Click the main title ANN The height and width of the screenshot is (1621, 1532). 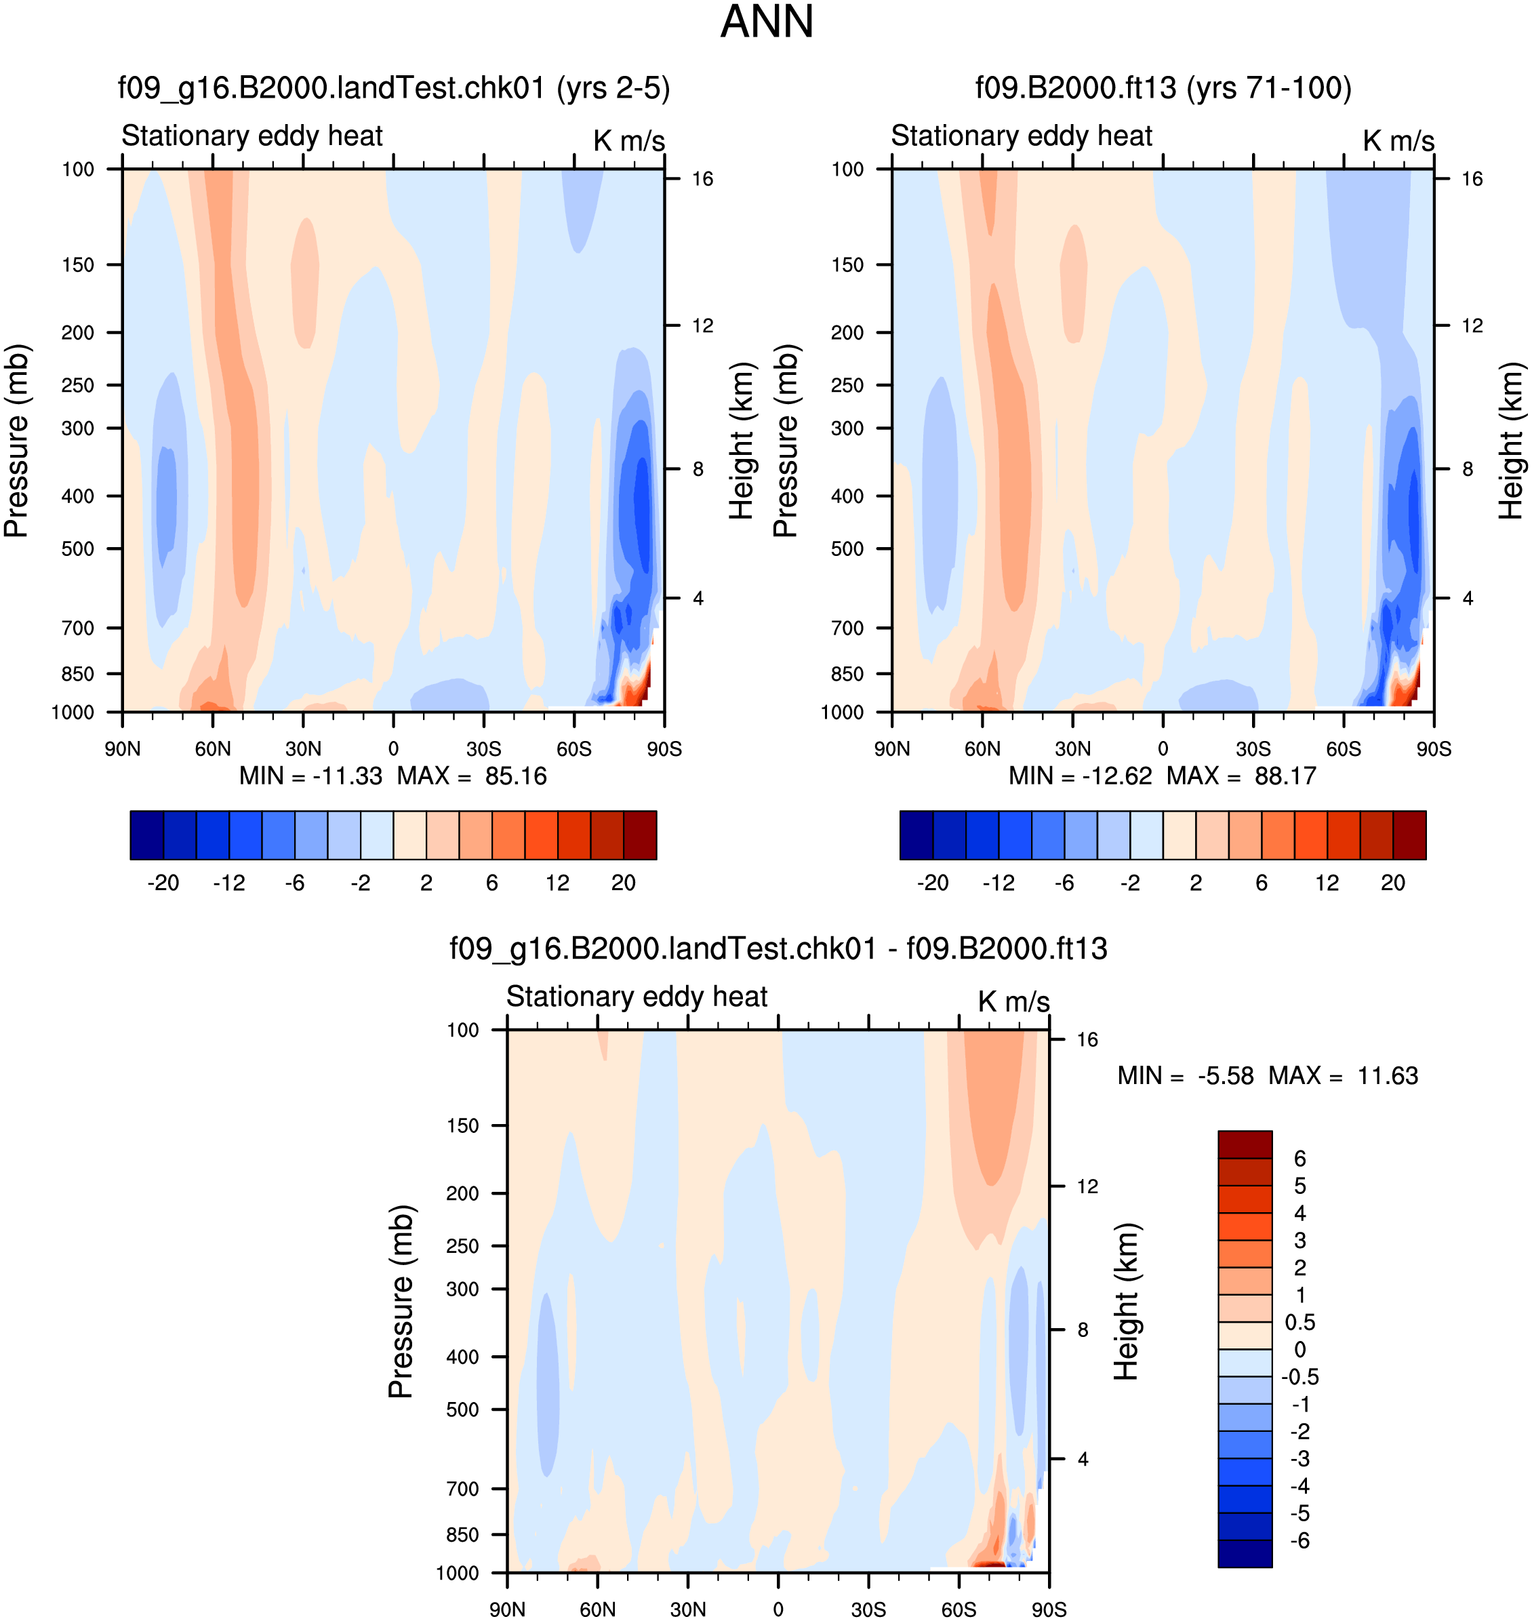tap(767, 22)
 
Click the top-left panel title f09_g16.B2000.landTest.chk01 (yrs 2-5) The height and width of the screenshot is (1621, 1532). tap(394, 87)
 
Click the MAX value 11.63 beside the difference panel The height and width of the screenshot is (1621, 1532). tap(1388, 1077)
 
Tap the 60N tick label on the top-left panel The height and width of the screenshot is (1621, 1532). tap(212, 749)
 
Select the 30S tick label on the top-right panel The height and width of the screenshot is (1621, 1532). tap(1253, 749)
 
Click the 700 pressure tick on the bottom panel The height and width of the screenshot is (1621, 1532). tap(462, 1489)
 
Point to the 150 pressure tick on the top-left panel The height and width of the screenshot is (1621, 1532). tap(79, 264)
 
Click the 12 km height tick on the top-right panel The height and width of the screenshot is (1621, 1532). tap(1472, 326)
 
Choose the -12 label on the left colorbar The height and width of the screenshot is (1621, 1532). tap(228, 883)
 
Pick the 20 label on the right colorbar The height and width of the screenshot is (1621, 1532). tap(1392, 883)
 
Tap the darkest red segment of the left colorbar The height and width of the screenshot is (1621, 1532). tap(639, 835)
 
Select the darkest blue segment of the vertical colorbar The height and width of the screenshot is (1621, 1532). tap(1245, 1553)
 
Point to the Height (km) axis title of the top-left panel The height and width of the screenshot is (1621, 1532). tap(741, 441)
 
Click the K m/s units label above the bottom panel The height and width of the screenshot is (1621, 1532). tap(1013, 1002)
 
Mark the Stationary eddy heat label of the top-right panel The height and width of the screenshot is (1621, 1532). tap(1021, 136)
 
